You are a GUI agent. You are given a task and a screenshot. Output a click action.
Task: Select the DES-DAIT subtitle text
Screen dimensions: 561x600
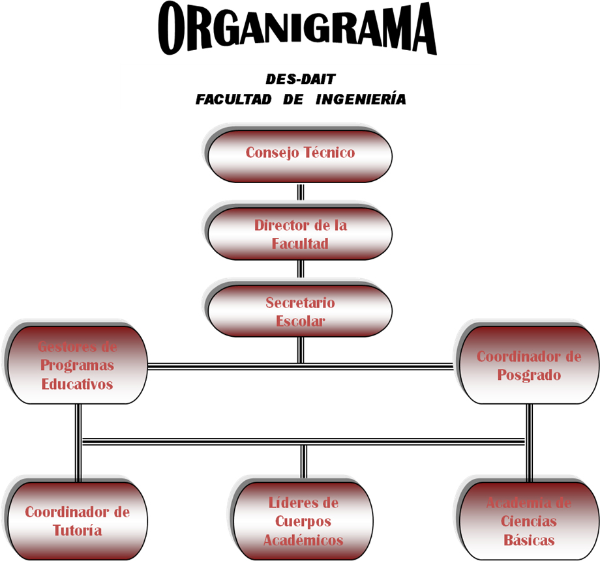point(300,79)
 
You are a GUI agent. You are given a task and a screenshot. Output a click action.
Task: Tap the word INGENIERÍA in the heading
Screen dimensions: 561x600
point(360,100)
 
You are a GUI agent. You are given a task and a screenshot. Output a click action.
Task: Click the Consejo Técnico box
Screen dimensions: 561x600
point(299,155)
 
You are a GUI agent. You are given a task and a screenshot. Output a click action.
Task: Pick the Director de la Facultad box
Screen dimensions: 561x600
point(299,234)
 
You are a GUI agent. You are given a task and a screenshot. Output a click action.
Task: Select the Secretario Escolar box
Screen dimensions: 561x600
point(299,311)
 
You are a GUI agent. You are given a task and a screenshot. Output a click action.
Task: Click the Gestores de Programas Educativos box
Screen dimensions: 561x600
point(76,365)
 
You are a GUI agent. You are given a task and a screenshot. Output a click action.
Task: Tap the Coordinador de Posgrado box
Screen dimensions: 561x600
point(529,365)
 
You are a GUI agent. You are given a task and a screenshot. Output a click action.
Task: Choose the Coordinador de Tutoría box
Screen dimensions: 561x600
point(76,521)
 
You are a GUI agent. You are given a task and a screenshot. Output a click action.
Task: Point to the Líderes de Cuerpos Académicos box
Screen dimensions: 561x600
point(303,521)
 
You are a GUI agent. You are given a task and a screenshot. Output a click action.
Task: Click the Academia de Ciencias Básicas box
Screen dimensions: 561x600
point(528,521)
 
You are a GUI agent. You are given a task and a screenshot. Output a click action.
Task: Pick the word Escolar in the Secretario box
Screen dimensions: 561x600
point(300,321)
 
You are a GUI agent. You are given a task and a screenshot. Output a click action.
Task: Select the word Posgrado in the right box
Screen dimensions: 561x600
point(529,375)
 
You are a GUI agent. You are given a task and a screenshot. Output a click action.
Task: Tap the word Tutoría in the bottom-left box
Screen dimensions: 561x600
point(77,530)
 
